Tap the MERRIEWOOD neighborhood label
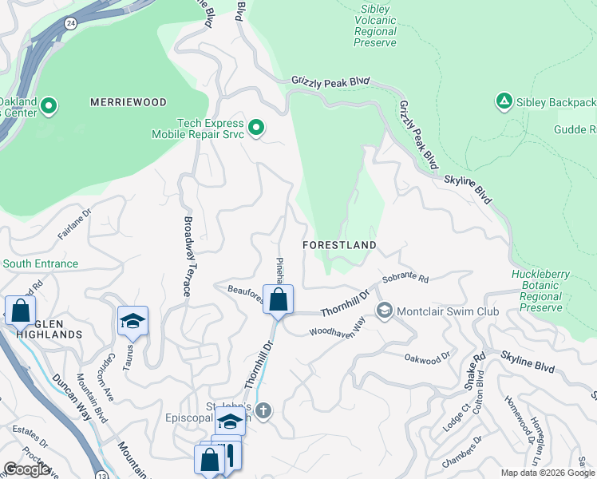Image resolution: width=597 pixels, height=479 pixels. [128, 102]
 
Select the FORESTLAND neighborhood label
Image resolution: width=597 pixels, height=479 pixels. [339, 244]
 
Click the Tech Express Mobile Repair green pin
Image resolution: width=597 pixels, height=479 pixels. [256, 128]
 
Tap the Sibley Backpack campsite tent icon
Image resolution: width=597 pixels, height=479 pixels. [504, 101]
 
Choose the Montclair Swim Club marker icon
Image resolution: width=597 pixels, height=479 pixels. [385, 310]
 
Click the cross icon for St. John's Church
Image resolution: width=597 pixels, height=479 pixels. [263, 411]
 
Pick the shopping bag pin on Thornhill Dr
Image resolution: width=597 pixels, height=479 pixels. [279, 300]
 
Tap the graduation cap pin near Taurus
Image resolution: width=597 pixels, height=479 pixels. [132, 322]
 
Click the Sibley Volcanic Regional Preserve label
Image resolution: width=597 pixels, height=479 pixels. [374, 26]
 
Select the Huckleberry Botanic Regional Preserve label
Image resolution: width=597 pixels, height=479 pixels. [540, 291]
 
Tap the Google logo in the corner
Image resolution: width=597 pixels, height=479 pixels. [26, 469]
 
